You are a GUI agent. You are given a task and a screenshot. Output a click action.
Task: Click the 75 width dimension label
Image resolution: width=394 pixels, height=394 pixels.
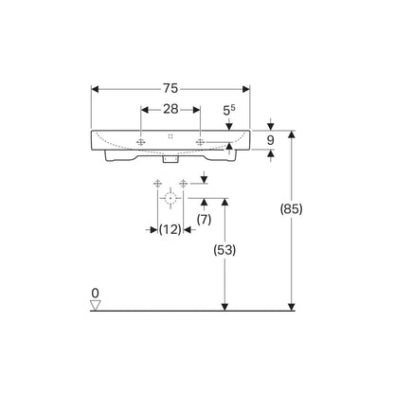tap(170, 89)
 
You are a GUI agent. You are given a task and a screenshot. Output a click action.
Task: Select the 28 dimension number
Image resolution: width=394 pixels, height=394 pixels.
tap(170, 109)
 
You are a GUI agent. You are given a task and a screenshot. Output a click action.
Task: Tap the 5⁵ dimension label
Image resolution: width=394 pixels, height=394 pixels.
tap(229, 110)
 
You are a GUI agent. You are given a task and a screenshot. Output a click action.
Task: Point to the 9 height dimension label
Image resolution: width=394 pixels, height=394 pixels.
tap(270, 140)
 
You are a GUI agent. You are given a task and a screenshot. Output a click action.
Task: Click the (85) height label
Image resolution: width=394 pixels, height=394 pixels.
tap(292, 209)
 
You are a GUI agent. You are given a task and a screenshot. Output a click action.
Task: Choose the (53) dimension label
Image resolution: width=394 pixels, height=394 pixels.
tap(224, 250)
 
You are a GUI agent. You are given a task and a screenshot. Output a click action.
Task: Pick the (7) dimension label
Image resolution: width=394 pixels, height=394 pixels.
tap(204, 219)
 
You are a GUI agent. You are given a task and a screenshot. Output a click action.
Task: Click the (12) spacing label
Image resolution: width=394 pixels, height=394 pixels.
tap(170, 229)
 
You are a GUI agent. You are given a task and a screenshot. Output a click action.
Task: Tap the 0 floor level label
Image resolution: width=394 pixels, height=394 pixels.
tap(95, 294)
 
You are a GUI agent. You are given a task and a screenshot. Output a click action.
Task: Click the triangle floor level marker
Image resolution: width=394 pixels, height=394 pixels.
tap(95, 305)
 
